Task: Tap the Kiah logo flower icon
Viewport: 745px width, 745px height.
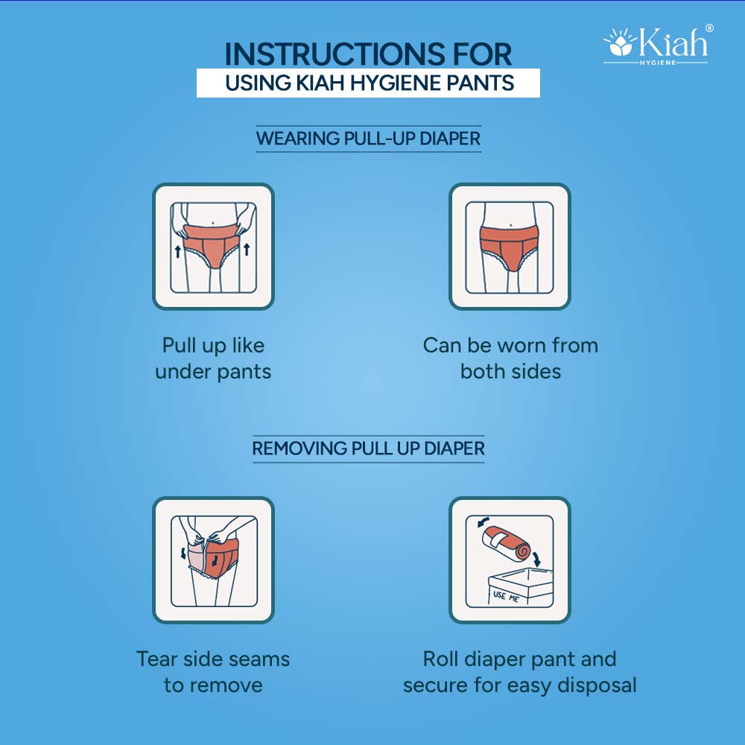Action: coord(620,42)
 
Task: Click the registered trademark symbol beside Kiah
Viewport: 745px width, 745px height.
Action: coord(709,28)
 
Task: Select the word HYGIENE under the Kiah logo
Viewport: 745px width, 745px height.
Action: coord(658,63)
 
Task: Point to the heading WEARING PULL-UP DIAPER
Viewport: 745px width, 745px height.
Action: coord(368,139)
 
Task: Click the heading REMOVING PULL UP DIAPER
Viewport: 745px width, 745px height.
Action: coord(368,448)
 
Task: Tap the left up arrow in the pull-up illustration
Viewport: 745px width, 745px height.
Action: coord(178,251)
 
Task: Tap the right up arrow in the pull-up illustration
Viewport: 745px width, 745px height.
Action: coord(247,249)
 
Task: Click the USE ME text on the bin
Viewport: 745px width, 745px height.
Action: coord(506,596)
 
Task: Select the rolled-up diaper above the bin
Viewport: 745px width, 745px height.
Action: coord(507,544)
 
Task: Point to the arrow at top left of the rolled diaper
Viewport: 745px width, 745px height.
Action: coord(483,522)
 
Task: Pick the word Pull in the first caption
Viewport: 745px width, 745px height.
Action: coord(179,346)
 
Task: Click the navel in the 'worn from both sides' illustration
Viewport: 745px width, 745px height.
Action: coord(510,225)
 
